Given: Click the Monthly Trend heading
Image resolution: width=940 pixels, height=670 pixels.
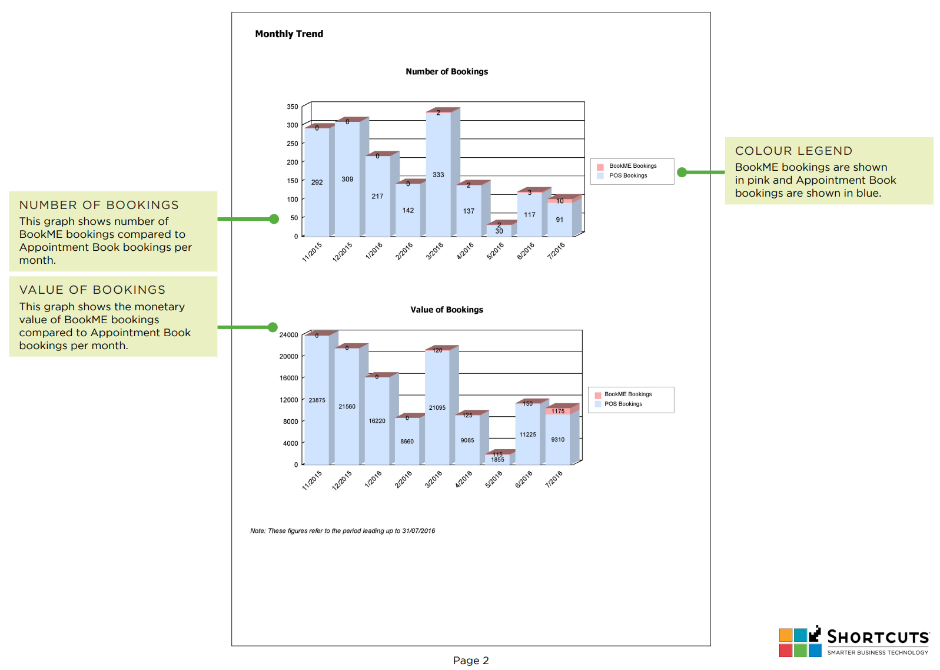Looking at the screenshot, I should [289, 34].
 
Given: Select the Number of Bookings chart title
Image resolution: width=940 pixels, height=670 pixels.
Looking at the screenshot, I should [447, 72].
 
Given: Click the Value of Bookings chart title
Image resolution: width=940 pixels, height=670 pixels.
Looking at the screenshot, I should [447, 310].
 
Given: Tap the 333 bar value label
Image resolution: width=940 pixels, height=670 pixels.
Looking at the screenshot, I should [439, 175].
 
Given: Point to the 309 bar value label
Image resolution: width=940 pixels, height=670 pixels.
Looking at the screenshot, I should [347, 180].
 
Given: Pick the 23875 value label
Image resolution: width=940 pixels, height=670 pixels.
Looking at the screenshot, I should [317, 400].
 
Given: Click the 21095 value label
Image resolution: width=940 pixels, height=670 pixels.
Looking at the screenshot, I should [437, 408].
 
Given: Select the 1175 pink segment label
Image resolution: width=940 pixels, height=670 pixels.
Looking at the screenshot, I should [558, 412].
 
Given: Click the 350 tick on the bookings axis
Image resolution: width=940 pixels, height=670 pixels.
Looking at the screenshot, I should [293, 107].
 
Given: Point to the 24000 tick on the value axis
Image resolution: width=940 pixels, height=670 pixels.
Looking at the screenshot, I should [288, 335].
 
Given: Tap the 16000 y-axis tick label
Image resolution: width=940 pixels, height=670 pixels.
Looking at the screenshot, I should [288, 379].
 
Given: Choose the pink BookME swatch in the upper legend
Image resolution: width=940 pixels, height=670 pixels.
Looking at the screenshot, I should [600, 167].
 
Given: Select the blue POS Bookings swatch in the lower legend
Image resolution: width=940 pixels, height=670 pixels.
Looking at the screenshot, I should [598, 404].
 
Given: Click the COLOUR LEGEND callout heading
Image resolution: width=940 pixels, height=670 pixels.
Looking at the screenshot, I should [793, 151].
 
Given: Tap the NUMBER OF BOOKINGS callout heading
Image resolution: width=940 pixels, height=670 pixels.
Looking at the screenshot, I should [99, 205].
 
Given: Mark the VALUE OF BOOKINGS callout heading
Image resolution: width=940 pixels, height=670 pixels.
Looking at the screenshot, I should [92, 290].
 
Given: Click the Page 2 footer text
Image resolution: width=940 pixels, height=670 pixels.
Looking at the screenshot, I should [471, 661].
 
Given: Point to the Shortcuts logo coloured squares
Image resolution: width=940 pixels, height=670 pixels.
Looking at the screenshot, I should [800, 642].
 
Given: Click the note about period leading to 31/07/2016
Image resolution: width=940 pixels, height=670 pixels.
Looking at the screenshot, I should [343, 531].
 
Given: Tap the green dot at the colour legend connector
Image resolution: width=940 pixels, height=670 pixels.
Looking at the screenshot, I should [682, 173].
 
